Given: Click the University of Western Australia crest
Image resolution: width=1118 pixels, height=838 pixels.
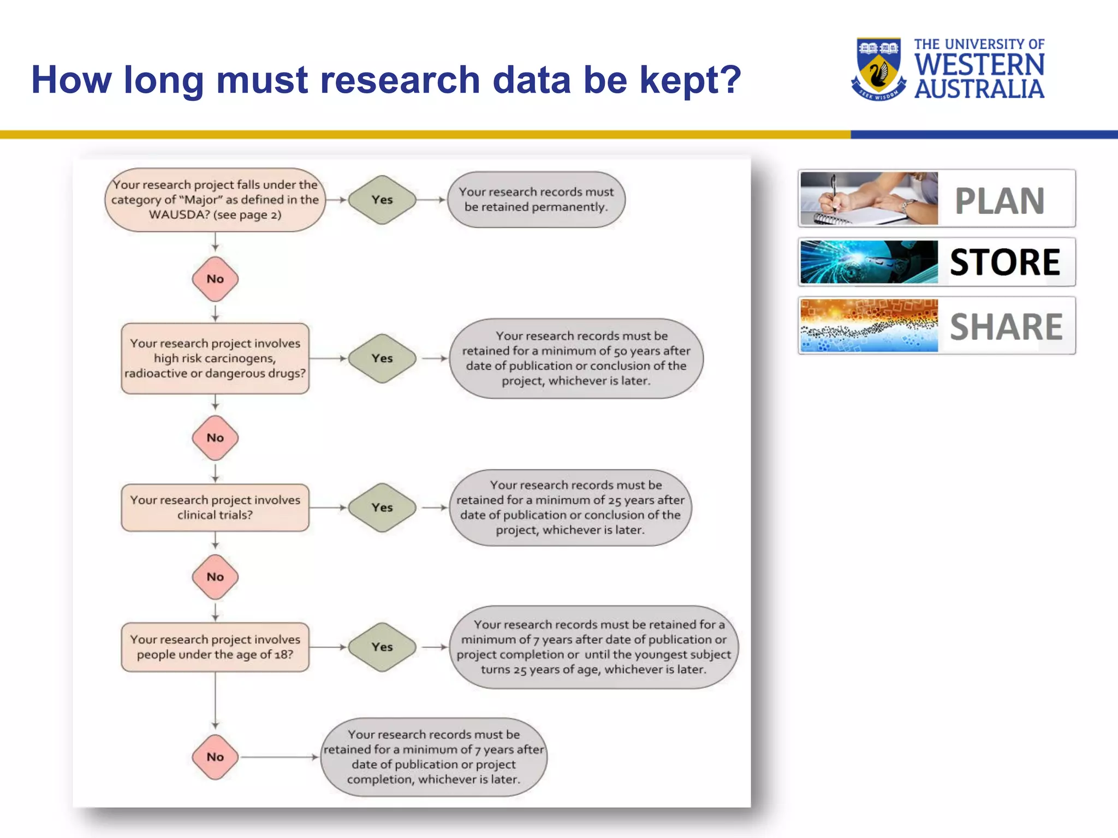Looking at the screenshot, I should (x=878, y=68).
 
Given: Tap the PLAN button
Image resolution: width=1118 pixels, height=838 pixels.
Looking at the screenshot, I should (x=936, y=199).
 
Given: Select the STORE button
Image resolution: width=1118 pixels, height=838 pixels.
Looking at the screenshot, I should (x=936, y=262).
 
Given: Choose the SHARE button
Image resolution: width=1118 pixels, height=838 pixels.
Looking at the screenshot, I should (x=936, y=326).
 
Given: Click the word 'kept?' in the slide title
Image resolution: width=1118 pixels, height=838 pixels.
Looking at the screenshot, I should (x=690, y=80).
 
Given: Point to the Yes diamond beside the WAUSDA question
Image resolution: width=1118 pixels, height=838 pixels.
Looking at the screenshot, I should (x=382, y=200).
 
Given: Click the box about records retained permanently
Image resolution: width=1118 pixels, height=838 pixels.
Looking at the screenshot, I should (x=536, y=200).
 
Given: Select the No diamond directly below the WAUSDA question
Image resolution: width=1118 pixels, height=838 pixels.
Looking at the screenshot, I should (x=215, y=279).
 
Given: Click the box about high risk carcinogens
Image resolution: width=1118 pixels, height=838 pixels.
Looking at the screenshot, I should (x=215, y=358).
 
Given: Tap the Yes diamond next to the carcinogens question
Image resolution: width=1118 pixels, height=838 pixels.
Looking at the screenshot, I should (x=382, y=358).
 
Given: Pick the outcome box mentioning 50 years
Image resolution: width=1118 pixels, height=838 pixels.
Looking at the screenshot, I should (x=576, y=358).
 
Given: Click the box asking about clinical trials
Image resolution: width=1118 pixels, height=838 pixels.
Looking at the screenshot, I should (x=215, y=507).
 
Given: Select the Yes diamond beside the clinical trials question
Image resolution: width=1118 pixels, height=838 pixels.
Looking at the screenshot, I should (x=382, y=507).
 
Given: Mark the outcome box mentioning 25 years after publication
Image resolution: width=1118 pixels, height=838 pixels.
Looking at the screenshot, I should (x=570, y=507).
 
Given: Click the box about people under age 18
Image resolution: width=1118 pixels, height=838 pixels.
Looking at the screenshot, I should (x=215, y=647).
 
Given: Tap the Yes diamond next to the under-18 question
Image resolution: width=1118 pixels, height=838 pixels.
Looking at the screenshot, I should (x=382, y=647).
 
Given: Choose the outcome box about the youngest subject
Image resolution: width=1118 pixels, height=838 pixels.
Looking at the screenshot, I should (x=593, y=647).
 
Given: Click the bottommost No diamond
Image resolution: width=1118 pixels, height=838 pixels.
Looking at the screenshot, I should (x=215, y=757).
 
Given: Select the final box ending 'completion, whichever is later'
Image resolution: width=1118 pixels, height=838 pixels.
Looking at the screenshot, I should (x=433, y=757).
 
